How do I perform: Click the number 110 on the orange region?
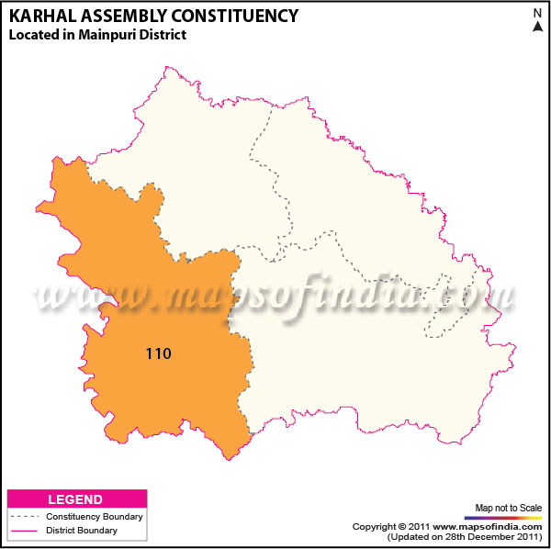(x=159, y=352)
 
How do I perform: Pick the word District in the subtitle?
(x=161, y=35)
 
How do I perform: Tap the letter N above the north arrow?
(x=536, y=13)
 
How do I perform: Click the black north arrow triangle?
(x=536, y=28)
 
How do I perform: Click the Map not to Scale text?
(x=507, y=507)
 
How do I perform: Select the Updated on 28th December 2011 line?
(x=465, y=536)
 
